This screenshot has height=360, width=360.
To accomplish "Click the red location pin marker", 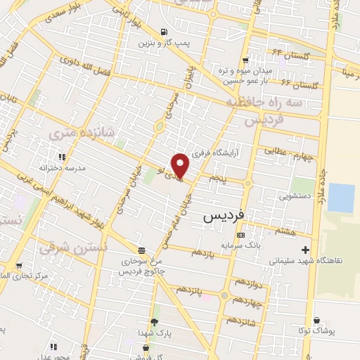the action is [x=181, y=165].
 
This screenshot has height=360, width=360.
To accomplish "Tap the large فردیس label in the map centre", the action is [x=223, y=217].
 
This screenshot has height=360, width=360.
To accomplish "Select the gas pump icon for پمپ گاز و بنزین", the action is [x=164, y=32].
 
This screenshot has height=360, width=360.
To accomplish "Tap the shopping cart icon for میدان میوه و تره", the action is [x=245, y=60].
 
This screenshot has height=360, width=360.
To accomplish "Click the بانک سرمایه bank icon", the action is [x=241, y=235].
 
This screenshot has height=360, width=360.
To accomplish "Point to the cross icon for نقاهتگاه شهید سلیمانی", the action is [x=305, y=250].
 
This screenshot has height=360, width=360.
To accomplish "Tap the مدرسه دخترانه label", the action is [x=63, y=169].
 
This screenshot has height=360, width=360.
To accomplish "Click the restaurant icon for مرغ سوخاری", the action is [x=142, y=250].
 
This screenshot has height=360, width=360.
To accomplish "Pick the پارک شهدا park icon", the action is [x=154, y=321].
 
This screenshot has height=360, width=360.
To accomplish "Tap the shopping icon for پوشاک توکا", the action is [x=316, y=321].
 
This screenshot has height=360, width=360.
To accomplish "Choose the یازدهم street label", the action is [x=211, y=252].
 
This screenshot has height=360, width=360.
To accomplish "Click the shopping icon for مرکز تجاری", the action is [x=18, y=266].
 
